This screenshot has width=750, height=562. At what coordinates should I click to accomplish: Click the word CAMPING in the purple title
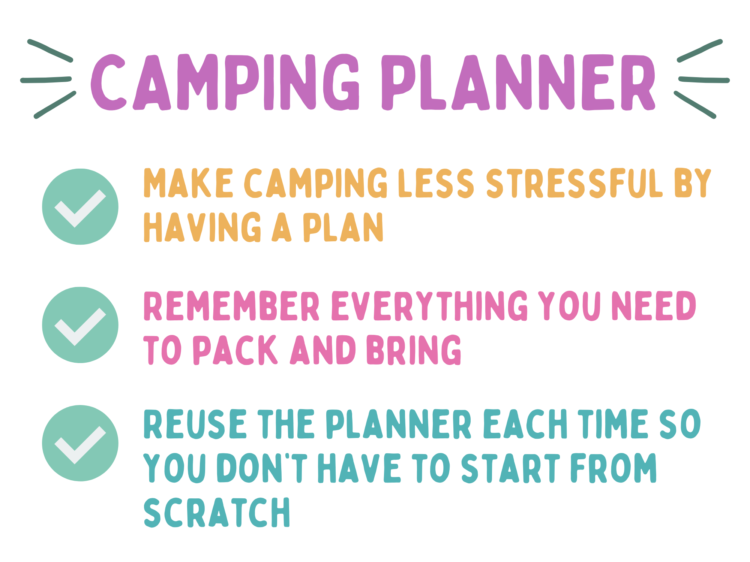pyautogui.click(x=225, y=82)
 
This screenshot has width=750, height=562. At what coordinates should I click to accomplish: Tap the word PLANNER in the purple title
pyautogui.click(x=519, y=82)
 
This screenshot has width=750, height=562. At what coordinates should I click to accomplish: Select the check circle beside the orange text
pyautogui.click(x=80, y=207)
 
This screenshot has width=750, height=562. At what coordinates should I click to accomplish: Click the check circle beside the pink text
pyautogui.click(x=80, y=325)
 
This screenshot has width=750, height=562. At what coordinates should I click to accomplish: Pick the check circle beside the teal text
pyautogui.click(x=80, y=443)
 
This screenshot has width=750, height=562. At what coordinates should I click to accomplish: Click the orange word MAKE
pyautogui.click(x=189, y=183)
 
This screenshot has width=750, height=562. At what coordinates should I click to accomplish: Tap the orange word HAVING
pyautogui.click(x=202, y=227)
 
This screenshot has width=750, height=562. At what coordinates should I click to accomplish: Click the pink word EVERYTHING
pyautogui.click(x=430, y=306)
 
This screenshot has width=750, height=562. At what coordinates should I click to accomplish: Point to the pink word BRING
pyautogui.click(x=414, y=350)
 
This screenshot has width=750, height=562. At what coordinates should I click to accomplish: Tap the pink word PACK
pyautogui.click(x=235, y=350)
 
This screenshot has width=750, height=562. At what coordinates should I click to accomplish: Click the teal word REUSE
pyautogui.click(x=195, y=424)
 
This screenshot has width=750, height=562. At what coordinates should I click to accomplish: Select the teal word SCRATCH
pyautogui.click(x=217, y=513)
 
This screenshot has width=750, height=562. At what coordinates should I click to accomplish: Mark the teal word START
pyautogui.click(x=511, y=468)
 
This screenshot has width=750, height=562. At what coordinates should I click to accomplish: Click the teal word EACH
pyautogui.click(x=525, y=424)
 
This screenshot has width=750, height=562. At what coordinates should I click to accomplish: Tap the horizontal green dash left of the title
pyautogui.click(x=46, y=80)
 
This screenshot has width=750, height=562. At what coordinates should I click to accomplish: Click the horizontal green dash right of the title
pyautogui.click(x=704, y=80)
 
